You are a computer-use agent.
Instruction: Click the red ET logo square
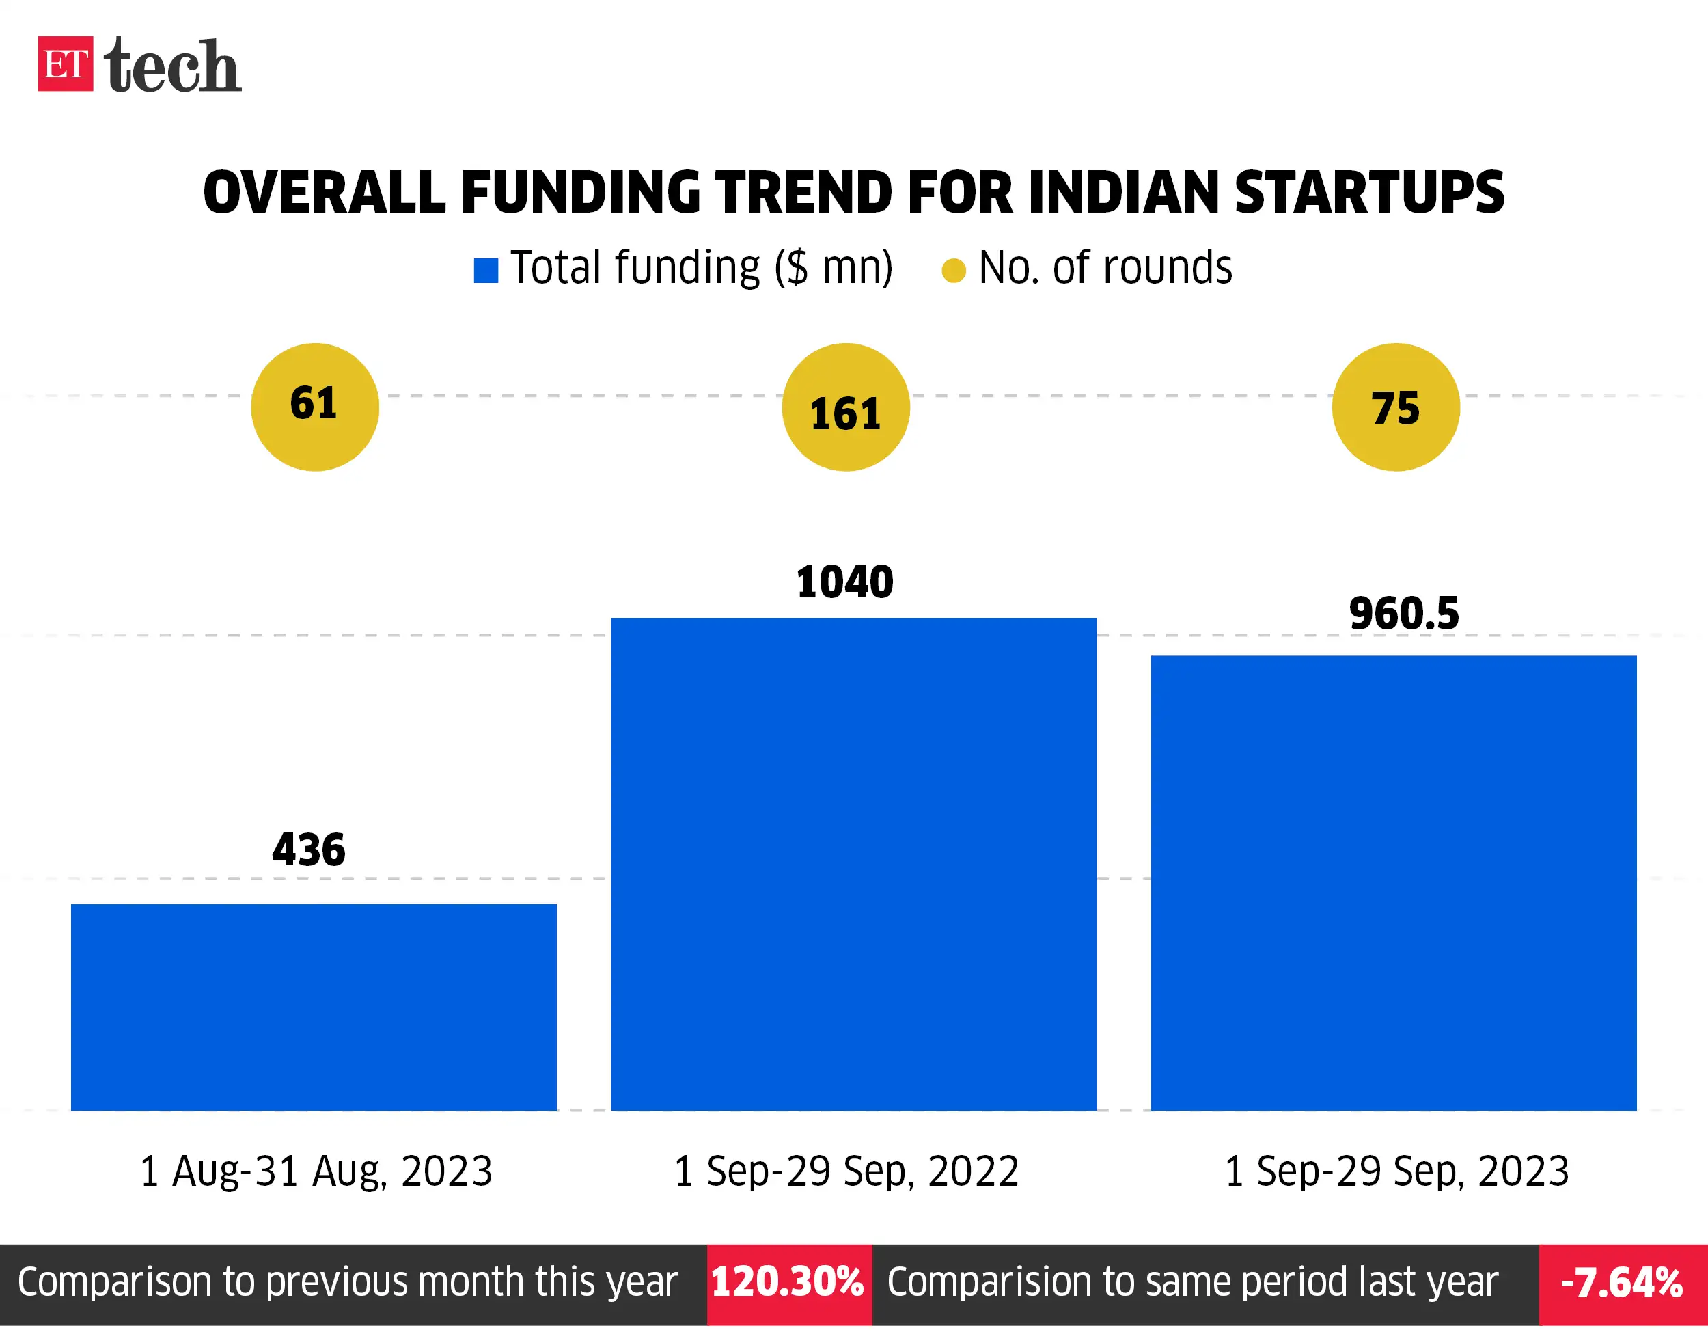(65, 64)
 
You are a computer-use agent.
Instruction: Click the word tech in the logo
(172, 66)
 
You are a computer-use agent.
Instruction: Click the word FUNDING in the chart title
(580, 193)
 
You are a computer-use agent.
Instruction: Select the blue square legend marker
(486, 271)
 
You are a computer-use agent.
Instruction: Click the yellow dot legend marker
(954, 271)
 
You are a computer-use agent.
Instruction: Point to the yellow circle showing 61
(314, 407)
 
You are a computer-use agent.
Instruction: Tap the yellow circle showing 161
(846, 407)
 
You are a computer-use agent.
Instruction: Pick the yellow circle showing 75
(1395, 407)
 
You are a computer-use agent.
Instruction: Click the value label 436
(309, 850)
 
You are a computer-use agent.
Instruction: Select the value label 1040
(845, 582)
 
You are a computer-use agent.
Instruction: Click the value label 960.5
(1404, 614)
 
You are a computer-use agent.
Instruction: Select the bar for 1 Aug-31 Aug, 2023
(314, 1007)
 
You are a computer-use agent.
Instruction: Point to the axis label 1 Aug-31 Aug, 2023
(316, 1171)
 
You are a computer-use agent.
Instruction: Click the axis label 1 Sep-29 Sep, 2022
(846, 1171)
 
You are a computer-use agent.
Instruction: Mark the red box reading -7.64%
(1621, 1284)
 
